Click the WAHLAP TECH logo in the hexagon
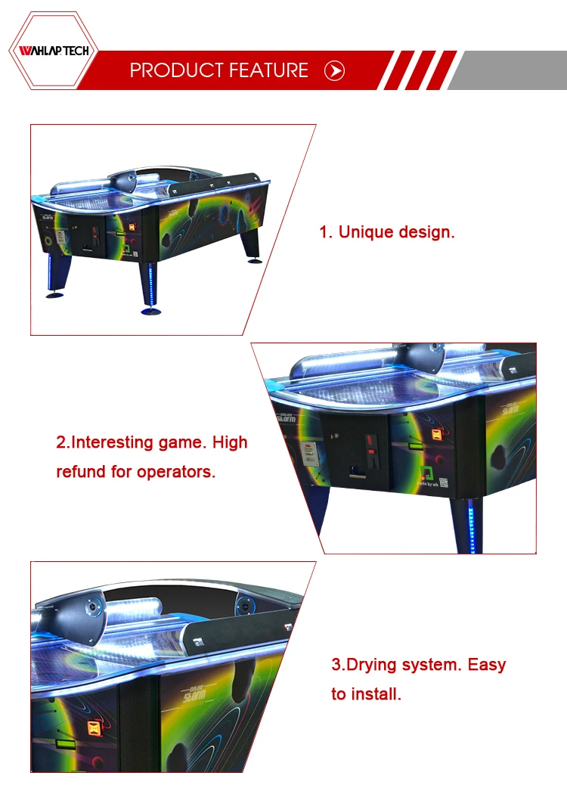tap(54, 51)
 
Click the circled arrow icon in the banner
tap(334, 70)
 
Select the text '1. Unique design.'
tap(387, 232)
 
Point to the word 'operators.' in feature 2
tap(175, 472)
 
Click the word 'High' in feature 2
tap(230, 442)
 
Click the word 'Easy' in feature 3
tap(486, 666)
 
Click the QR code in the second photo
tap(443, 482)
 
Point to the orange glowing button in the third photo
tap(94, 728)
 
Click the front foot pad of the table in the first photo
tap(151, 312)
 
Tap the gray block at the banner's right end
tap(507, 70)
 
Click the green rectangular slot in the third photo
tap(69, 743)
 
